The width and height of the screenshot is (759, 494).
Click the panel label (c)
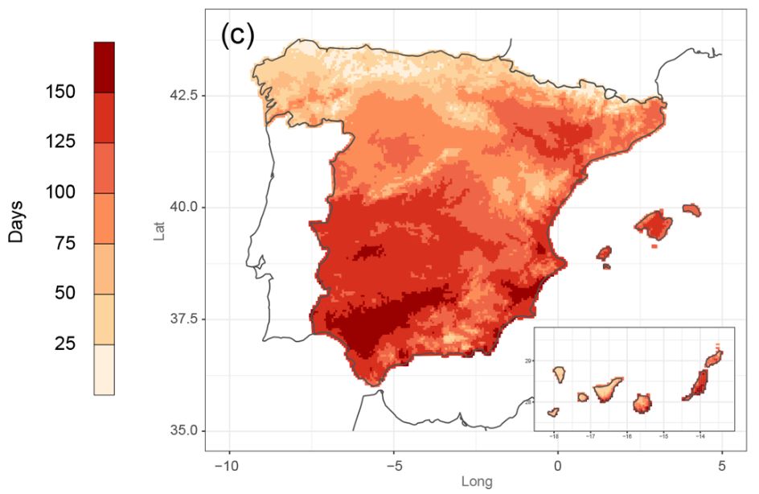237,36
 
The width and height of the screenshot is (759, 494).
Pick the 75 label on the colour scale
60,242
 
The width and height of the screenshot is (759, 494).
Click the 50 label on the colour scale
60,293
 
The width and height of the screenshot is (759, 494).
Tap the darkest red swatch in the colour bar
104,67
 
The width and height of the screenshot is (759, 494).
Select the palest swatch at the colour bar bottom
104,369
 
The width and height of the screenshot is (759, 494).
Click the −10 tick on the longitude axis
229,466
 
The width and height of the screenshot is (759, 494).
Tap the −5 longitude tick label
393,466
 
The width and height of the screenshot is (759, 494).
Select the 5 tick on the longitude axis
722,466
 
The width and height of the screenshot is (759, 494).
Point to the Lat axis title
159,232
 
